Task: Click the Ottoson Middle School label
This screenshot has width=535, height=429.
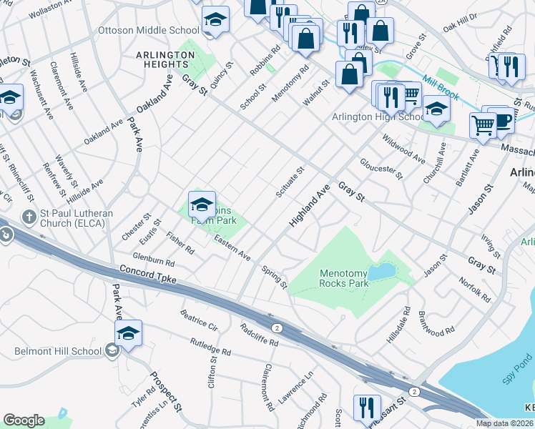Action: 148,31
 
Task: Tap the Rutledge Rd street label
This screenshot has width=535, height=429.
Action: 210,347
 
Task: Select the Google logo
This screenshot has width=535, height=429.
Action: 24,420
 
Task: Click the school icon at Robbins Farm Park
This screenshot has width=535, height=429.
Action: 202,205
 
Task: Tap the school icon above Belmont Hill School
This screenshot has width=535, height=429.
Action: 129,333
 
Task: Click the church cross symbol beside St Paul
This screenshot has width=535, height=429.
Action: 29,217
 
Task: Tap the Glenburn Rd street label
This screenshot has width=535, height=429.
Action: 153,260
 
